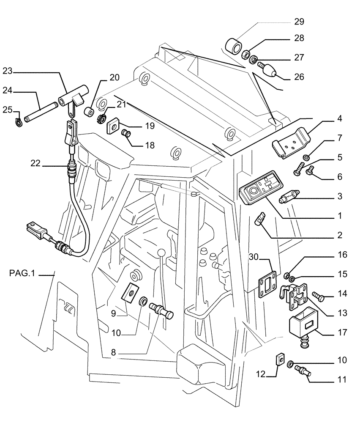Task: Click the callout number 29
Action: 299,22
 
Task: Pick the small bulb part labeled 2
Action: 259,220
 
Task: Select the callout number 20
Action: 103,77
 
